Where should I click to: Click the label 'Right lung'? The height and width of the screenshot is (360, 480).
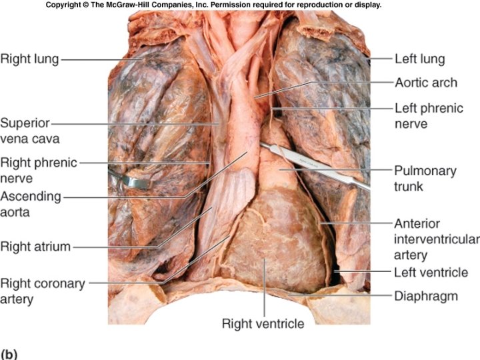[29, 59]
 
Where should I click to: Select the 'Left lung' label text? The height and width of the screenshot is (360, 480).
[419, 59]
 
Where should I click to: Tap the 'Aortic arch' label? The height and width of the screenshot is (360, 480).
[426, 83]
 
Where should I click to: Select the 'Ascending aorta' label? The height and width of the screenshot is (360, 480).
[31, 204]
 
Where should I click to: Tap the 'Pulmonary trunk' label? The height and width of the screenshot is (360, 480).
[425, 178]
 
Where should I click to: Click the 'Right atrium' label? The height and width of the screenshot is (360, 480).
[35, 247]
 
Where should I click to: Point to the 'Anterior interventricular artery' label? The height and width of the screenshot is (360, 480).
[436, 239]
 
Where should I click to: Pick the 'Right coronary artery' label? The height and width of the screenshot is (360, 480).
[43, 291]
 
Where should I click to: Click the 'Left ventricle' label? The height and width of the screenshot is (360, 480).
[431, 272]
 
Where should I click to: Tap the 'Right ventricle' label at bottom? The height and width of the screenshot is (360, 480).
[263, 324]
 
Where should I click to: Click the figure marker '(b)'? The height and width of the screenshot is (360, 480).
[9, 353]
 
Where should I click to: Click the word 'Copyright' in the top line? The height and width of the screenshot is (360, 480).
[64, 5]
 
